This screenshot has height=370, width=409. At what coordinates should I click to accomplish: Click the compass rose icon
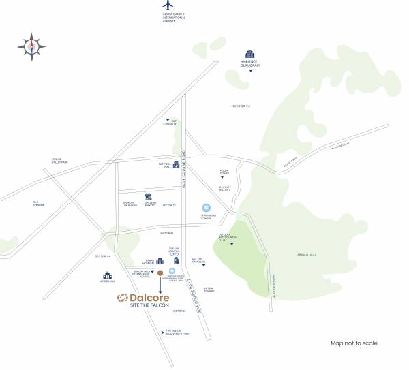click(x=31, y=46)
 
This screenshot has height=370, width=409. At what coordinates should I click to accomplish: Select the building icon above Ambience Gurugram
click(x=249, y=55)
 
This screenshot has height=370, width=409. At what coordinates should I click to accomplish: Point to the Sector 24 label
click(x=241, y=106)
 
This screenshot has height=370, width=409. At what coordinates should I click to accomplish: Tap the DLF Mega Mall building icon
click(x=176, y=164)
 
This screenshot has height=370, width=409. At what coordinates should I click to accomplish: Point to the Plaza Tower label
click(x=224, y=172)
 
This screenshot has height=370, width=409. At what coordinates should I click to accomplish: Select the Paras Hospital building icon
click(x=160, y=261)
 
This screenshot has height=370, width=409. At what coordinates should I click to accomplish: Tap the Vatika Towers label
click(x=209, y=289)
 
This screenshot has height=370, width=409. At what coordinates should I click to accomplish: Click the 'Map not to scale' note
click(x=354, y=343)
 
